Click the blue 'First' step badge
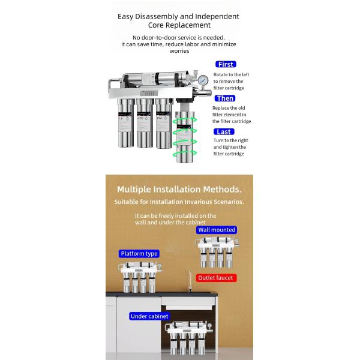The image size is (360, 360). tap(226, 64)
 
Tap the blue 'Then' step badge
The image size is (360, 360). tap(226, 98)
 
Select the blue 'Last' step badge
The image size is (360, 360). tap(224, 131)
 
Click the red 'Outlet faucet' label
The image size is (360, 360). tap(217, 278)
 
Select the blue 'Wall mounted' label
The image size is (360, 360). tap(217, 230)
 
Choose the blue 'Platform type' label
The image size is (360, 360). tap(139, 254)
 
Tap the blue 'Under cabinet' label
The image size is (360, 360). tap(149, 316)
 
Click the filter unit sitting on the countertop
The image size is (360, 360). tap(139, 276)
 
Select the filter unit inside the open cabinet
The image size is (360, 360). tap(188, 339)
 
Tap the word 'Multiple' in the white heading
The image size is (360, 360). tap(136, 189)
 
